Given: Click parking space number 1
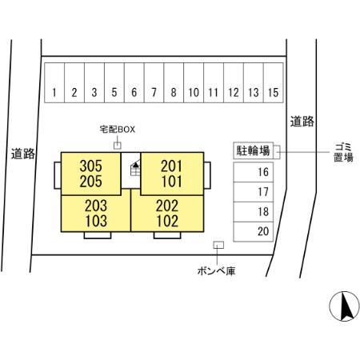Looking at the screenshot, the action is coord(54,82).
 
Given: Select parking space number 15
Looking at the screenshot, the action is coord(274,82).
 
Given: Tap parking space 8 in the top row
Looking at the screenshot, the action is coord(174,82).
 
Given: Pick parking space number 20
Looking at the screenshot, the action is coord(254,232).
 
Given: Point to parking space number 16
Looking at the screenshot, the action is coord(254,172).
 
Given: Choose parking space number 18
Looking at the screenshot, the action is coord(254,212).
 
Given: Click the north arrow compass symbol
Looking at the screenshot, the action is coord(344,306).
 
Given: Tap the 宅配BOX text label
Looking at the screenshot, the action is coord(118,130).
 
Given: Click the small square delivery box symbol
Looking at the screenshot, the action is coord(118,146).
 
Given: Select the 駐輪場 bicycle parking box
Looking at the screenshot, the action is coord(254,150).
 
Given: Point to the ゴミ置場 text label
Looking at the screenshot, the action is coord(343,152).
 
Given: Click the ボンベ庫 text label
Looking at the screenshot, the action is coord(217,271).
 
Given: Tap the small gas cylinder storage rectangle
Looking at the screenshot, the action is coord(218,245).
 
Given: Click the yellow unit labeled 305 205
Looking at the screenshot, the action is coord(91,174).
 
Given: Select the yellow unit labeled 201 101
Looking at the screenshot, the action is coord(172,174).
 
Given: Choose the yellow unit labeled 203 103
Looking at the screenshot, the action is coord(96,214).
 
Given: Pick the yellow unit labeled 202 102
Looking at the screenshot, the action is coord(167,214).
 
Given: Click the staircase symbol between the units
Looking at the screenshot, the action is coord(135,169).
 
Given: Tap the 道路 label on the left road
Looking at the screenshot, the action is coord(23,154).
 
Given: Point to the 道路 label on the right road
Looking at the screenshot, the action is coord(302,122).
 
